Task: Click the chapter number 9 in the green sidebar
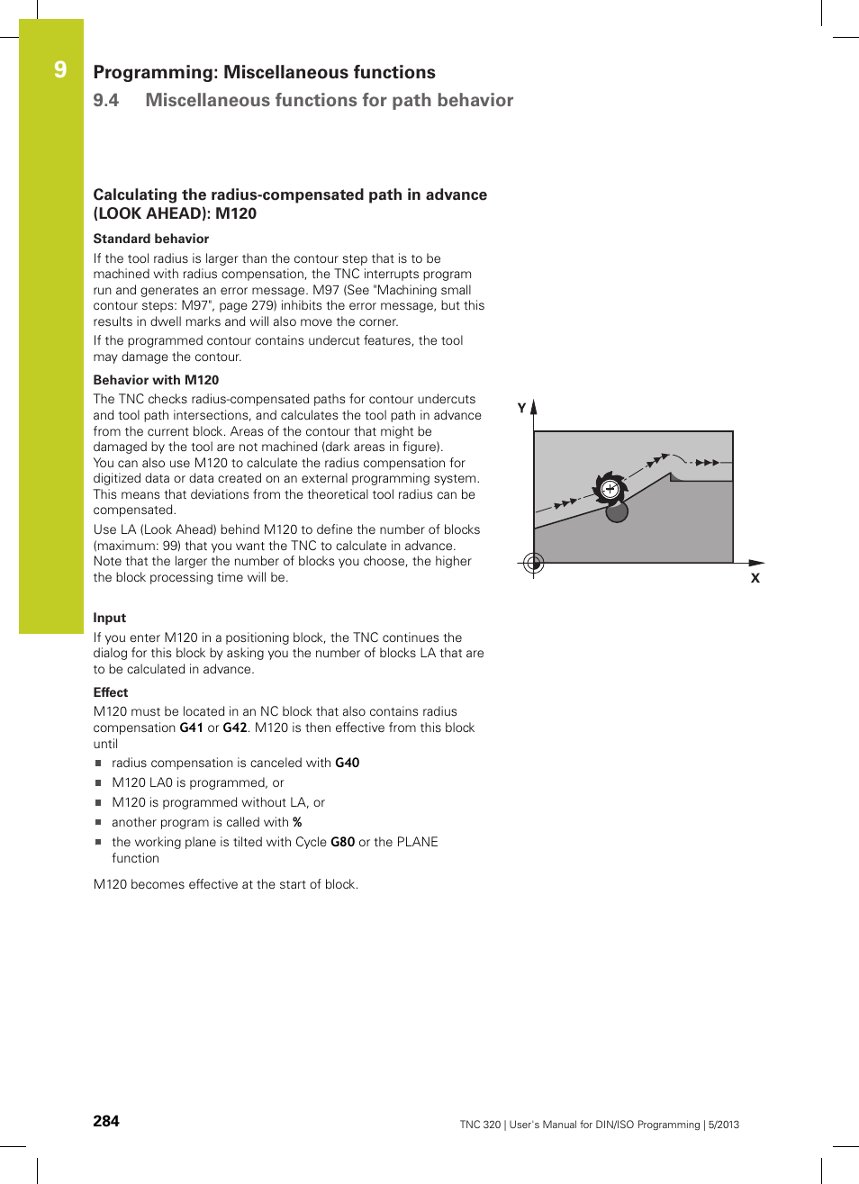click(x=60, y=70)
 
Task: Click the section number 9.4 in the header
click(x=106, y=100)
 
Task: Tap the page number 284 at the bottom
click(x=106, y=1121)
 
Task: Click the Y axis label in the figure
click(x=521, y=408)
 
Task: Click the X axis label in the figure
click(x=755, y=578)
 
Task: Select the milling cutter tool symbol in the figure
click(x=610, y=489)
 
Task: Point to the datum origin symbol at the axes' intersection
click(x=534, y=563)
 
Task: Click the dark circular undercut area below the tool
click(x=617, y=512)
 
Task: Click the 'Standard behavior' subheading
click(x=150, y=239)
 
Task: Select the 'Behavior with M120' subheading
click(x=156, y=380)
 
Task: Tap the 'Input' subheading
click(x=110, y=618)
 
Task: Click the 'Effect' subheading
click(x=111, y=692)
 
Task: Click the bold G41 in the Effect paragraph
click(x=191, y=728)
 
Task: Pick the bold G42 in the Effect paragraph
click(x=235, y=728)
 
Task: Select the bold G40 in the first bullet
click(x=348, y=763)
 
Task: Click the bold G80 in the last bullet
click(x=342, y=842)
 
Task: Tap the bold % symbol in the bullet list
click(x=297, y=822)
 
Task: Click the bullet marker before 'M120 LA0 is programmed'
click(x=98, y=783)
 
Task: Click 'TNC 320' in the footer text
click(x=480, y=1125)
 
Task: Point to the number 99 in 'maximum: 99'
click(x=171, y=546)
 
